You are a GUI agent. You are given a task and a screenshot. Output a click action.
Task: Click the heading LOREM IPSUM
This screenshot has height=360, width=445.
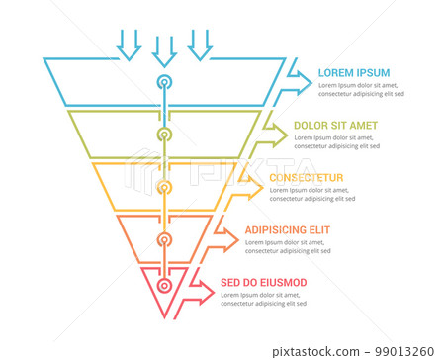pyautogui.click(x=354, y=73)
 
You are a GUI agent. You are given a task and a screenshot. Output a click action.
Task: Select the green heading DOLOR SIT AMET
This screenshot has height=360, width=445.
pyautogui.click(x=334, y=127)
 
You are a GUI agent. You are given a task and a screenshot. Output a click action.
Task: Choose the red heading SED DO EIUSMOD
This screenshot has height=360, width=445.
pyautogui.click(x=263, y=283)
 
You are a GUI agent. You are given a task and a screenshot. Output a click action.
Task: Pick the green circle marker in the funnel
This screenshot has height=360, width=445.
pyautogui.click(x=164, y=133)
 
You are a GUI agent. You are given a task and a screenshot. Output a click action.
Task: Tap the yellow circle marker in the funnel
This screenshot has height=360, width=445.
pyautogui.click(x=164, y=185)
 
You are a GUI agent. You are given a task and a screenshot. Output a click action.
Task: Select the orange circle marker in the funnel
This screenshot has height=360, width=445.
pyautogui.click(x=164, y=237)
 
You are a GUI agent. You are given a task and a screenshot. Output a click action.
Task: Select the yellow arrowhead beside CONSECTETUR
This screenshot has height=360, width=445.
pyautogui.click(x=249, y=180)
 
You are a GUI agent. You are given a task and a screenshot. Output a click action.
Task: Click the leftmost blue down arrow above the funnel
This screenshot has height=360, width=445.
pyautogui.click(x=129, y=44)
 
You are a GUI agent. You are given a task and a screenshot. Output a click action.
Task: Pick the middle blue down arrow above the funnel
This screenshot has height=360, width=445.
pyautogui.click(x=164, y=49)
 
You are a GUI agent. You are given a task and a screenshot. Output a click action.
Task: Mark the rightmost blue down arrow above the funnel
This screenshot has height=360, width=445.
pyautogui.click(x=200, y=44)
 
